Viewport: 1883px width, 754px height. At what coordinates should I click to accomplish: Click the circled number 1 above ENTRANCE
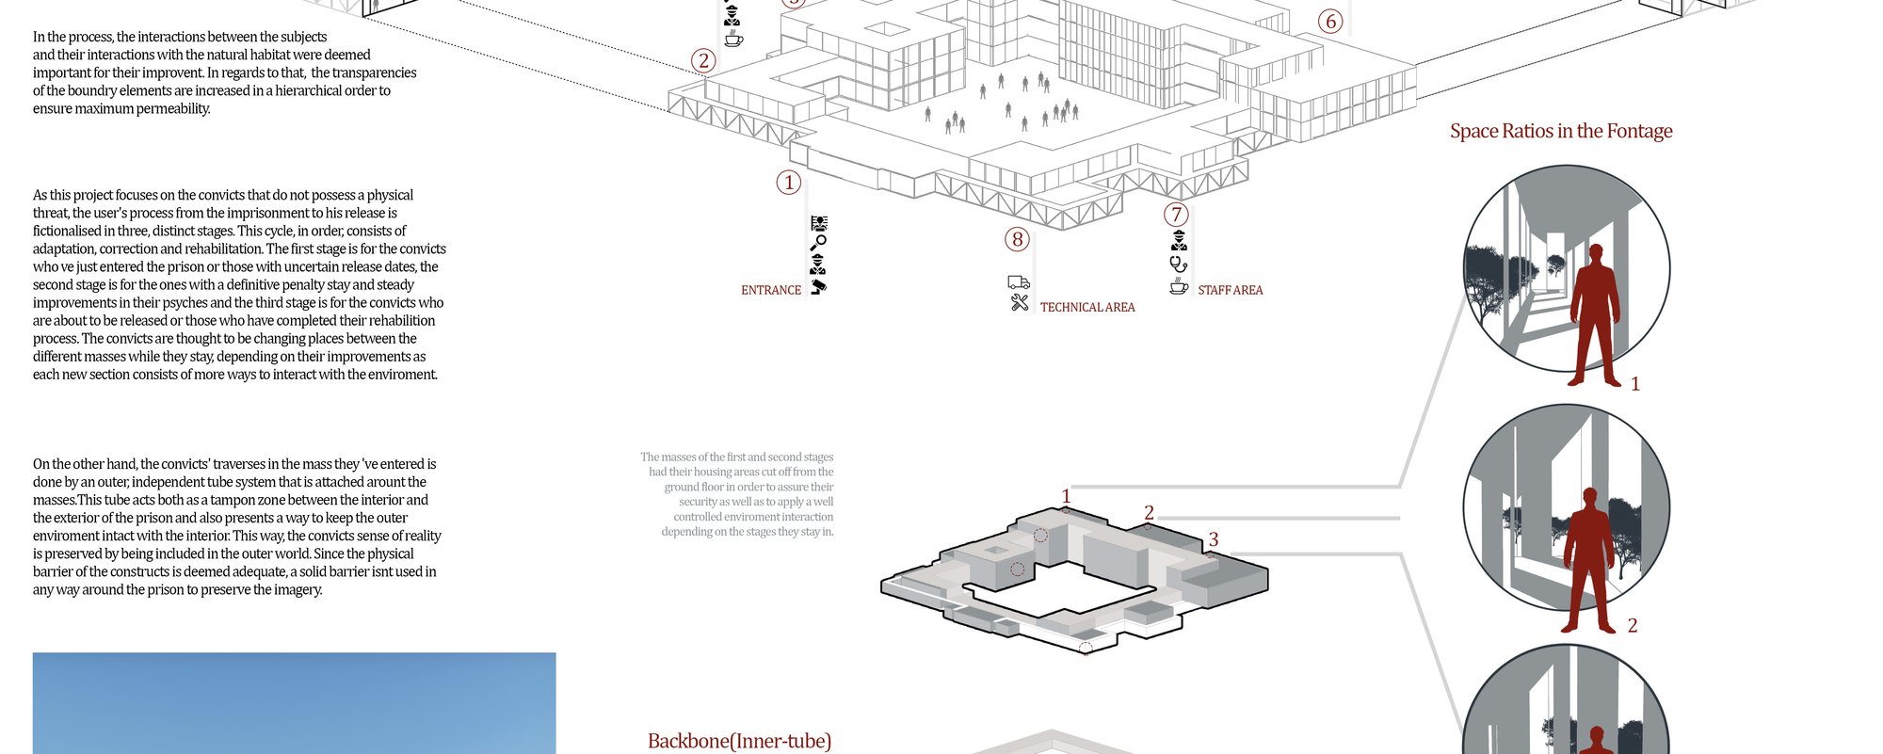(789, 183)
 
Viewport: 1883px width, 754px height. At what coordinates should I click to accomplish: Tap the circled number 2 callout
(703, 61)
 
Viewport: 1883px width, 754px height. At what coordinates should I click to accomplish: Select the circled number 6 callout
(1330, 21)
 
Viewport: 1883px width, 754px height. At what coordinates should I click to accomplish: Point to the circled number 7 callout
(1176, 215)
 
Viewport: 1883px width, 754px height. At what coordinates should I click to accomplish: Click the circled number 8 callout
(1017, 239)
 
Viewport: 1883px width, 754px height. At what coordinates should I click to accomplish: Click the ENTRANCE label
(771, 291)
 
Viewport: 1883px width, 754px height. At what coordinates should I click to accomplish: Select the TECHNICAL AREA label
(1087, 308)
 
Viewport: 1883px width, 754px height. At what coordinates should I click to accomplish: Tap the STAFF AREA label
(1231, 291)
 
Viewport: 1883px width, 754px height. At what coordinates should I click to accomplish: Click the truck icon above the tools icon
(1019, 282)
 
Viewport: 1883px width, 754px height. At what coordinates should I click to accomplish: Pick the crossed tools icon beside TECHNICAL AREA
(1020, 302)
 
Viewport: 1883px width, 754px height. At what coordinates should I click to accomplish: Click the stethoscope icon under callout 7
(1179, 264)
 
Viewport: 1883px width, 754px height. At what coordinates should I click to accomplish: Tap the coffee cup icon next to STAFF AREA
(1179, 285)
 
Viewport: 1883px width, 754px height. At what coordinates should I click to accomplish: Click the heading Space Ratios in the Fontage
(1561, 131)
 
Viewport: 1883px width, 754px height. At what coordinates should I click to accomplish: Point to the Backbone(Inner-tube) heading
(740, 742)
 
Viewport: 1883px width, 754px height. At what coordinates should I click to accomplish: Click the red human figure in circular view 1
(1594, 314)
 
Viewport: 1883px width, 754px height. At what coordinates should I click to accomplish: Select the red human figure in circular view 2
(1590, 560)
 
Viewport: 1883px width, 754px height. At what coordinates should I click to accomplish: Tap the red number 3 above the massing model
(1214, 539)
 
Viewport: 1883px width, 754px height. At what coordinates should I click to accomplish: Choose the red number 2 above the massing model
(1149, 513)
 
